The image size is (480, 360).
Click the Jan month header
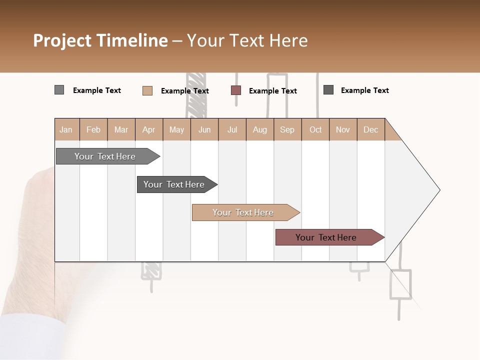[66, 129]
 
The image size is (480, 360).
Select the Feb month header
[93, 129]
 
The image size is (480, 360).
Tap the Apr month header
[149, 129]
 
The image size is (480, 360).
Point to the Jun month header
[204, 129]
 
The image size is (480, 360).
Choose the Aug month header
[260, 129]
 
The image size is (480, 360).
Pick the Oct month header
[315, 129]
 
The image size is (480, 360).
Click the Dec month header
[371, 129]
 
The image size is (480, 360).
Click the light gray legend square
[59, 90]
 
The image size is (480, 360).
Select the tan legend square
[147, 90]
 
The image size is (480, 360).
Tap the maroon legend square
[236, 90]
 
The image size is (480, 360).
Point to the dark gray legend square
[328, 90]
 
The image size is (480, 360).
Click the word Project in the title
[62, 40]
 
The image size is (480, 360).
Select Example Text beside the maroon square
[273, 91]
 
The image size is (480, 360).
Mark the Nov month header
[343, 129]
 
